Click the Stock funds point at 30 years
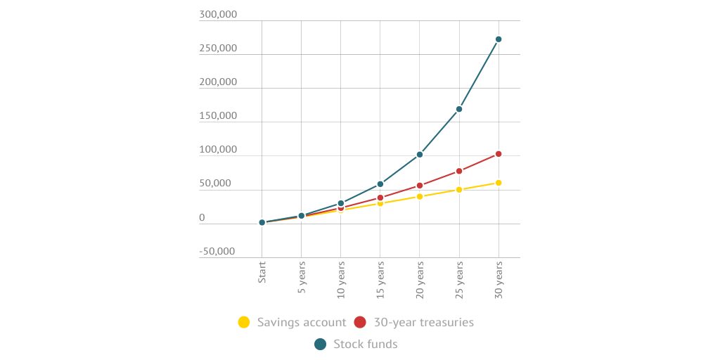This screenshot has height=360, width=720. [x=499, y=39]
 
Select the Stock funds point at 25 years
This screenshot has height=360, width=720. [x=459, y=109]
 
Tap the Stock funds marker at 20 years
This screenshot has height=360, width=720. [x=420, y=155]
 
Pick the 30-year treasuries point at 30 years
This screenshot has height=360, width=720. [x=499, y=154]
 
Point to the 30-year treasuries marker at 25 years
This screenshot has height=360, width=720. [x=459, y=171]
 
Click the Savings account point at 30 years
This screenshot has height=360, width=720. [x=499, y=183]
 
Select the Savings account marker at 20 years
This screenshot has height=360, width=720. [x=420, y=196]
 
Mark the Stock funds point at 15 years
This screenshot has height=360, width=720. [x=380, y=184]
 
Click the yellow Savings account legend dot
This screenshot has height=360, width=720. [x=244, y=322]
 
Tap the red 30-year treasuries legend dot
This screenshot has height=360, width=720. [x=360, y=322]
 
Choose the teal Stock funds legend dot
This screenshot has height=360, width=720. [x=321, y=344]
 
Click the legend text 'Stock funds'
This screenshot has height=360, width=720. [x=366, y=344]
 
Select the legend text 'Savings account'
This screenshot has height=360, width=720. [x=302, y=322]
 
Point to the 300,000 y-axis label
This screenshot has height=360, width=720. [x=218, y=15]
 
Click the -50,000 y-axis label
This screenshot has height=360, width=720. [x=217, y=251]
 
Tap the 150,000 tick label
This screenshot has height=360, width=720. [x=218, y=116]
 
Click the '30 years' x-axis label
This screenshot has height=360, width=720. [x=499, y=278]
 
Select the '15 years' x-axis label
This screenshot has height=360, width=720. [x=380, y=278]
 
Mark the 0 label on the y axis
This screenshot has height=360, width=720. [x=202, y=218]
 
